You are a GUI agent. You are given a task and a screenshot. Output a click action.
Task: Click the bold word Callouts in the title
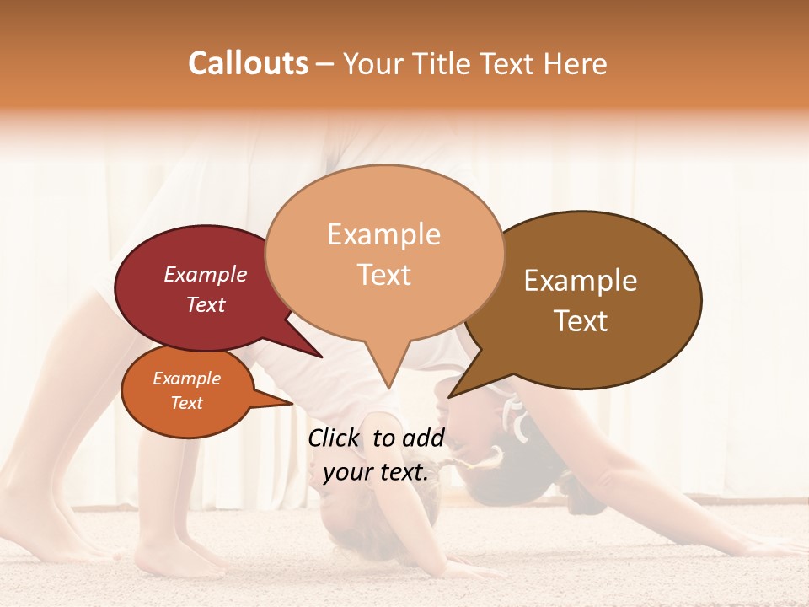coord(248,63)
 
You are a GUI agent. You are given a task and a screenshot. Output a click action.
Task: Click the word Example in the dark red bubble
coord(206,274)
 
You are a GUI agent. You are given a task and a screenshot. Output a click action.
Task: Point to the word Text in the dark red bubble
coord(206,304)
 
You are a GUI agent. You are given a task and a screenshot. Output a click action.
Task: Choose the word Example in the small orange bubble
coord(187,379)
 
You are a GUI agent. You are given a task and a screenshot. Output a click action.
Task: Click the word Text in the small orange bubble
coord(187,403)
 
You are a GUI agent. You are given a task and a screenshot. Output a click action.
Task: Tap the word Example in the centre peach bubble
coord(384,234)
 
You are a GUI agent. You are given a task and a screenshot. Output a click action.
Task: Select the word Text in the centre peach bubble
coord(384,274)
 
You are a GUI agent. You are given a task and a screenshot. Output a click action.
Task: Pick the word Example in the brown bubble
coord(581,281)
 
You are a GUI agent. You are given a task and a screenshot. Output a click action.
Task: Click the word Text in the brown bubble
coord(581,320)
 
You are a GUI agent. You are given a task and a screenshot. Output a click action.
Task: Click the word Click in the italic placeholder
coord(336,438)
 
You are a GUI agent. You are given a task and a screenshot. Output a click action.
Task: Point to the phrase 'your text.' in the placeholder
coord(376,472)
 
